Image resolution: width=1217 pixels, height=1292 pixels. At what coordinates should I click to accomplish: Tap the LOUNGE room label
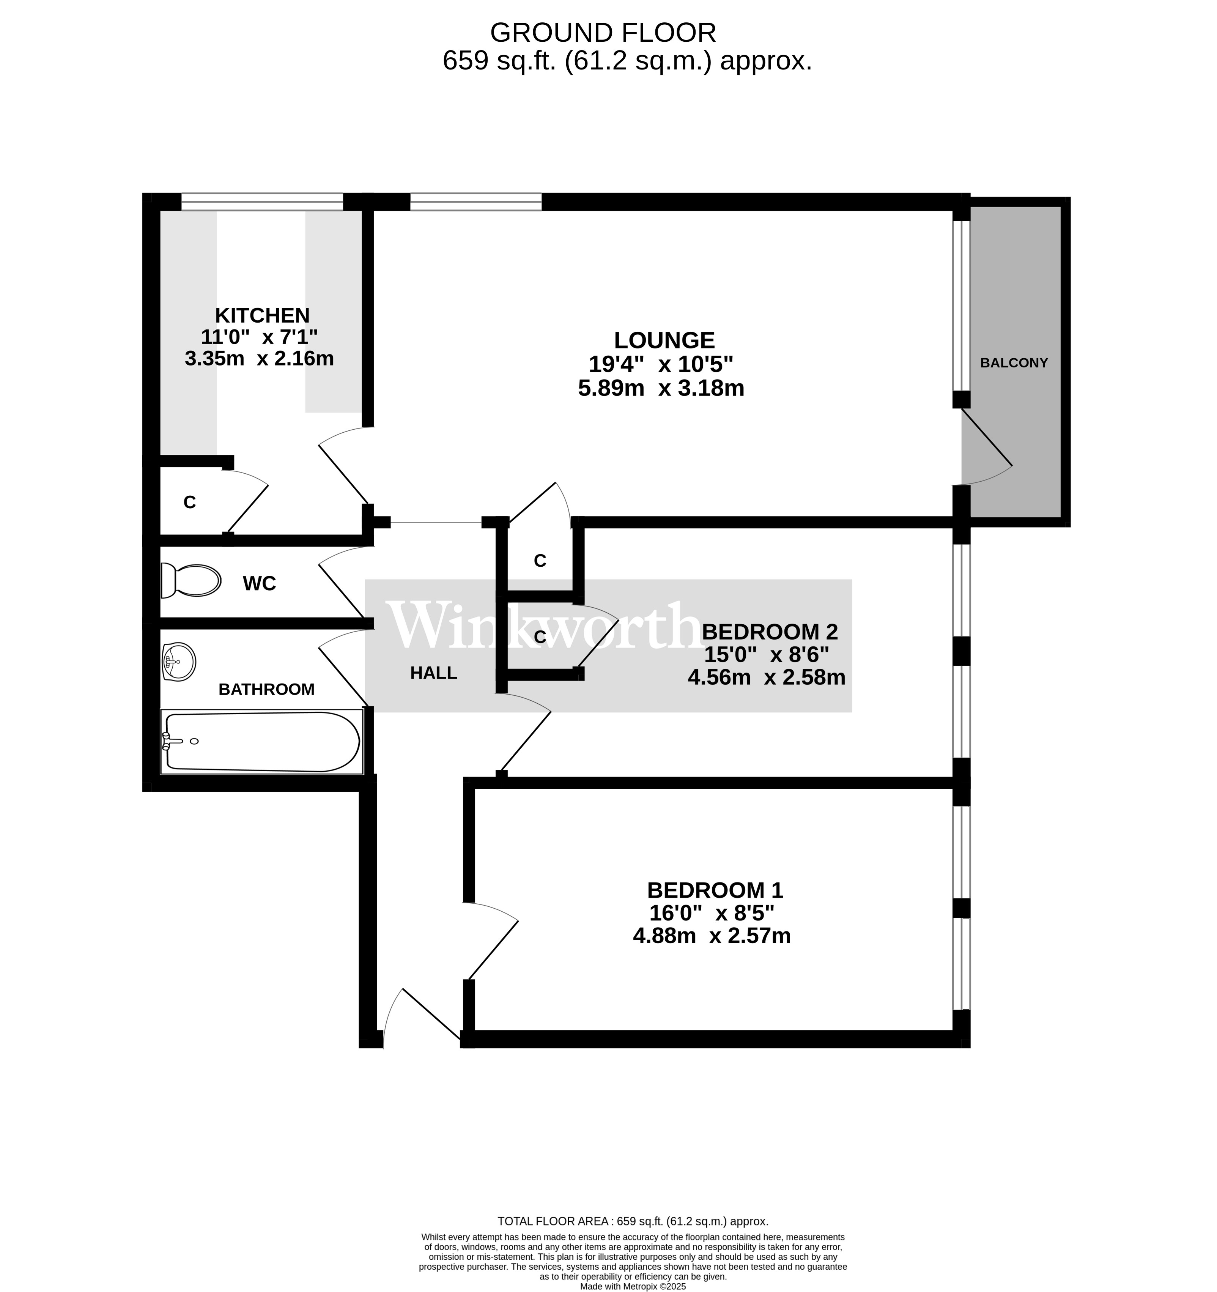pyautogui.click(x=664, y=340)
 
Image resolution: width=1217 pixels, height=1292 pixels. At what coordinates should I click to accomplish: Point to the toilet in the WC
pyautogui.click(x=191, y=580)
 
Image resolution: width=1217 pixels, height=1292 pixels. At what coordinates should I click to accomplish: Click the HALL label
pyautogui.click(x=433, y=673)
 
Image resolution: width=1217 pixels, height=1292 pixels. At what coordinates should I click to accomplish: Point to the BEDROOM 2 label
pyautogui.click(x=770, y=632)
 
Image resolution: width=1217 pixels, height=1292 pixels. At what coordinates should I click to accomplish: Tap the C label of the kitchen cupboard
pyautogui.click(x=190, y=503)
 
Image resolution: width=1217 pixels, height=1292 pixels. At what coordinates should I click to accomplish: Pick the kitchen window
pyautogui.click(x=262, y=202)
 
